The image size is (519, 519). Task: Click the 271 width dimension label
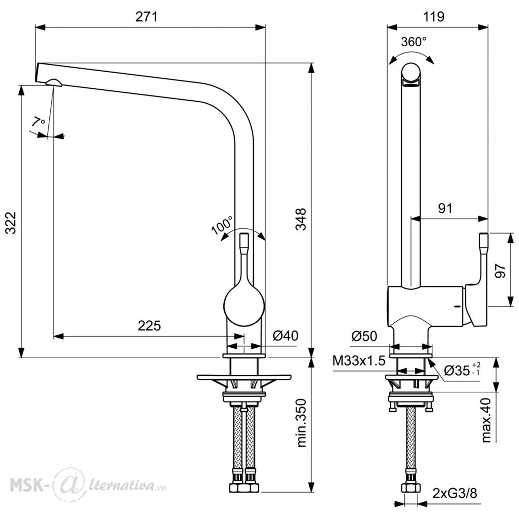click(x=146, y=17)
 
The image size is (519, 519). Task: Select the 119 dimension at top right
click(x=433, y=17)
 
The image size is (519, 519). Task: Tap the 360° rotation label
click(x=414, y=42)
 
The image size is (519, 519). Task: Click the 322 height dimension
click(x=10, y=223)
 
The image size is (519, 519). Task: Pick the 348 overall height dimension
click(x=301, y=219)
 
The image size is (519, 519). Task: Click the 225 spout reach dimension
click(x=149, y=326)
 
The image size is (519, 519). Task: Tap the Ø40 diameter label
click(x=285, y=336)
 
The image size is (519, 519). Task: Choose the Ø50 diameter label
click(x=364, y=336)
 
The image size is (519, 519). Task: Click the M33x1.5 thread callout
click(x=359, y=361)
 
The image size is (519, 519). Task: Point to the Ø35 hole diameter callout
click(x=462, y=370)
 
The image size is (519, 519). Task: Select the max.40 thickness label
click(x=486, y=420)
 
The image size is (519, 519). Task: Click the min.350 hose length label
click(x=302, y=423)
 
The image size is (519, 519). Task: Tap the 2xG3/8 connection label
click(x=455, y=494)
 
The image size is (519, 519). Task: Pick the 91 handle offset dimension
click(x=445, y=208)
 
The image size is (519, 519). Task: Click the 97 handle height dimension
click(x=501, y=270)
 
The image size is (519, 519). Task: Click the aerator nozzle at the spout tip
click(x=53, y=83)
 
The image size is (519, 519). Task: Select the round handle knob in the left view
click(x=244, y=305)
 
